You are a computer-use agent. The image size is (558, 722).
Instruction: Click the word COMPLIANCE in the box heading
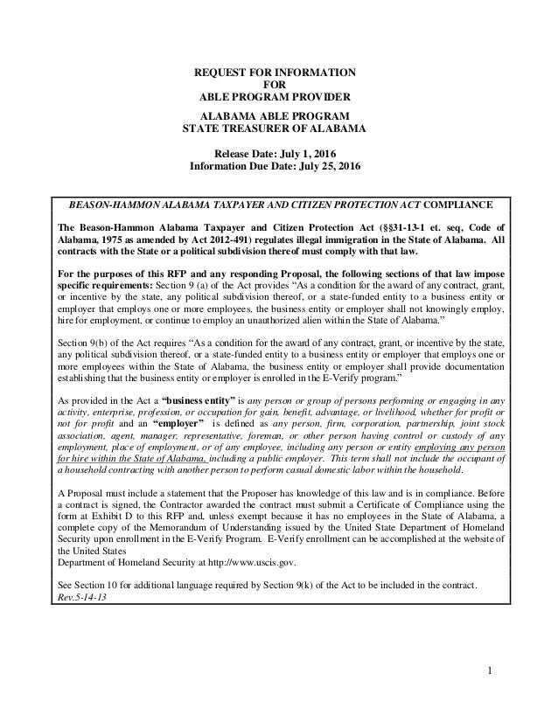click(x=457, y=205)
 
